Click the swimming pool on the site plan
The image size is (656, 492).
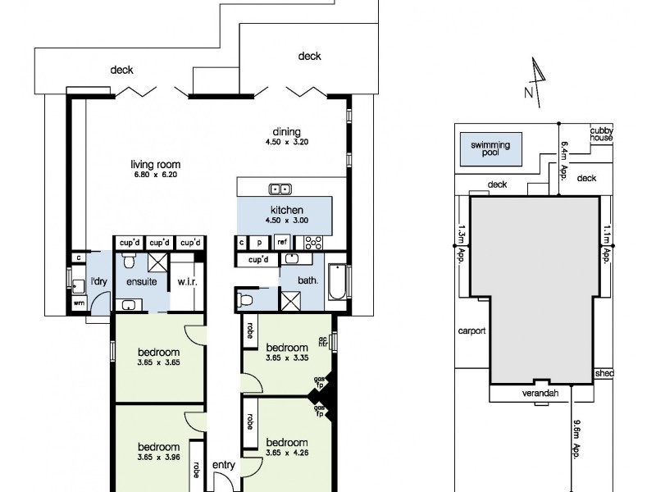pyautogui.click(x=490, y=149)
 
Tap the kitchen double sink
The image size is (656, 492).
pyautogui.click(x=280, y=189)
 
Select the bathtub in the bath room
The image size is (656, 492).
pyautogui.click(x=337, y=281)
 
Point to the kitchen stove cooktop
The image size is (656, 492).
pyautogui.click(x=313, y=243)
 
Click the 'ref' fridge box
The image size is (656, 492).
pyautogui.click(x=282, y=242)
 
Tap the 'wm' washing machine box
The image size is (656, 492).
pyautogui.click(x=79, y=303)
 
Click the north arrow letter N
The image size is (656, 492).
pyautogui.click(x=528, y=93)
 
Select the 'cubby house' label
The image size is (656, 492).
pyautogui.click(x=601, y=134)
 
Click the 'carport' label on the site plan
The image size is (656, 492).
pyautogui.click(x=472, y=330)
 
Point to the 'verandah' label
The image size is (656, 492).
pyautogui.click(x=540, y=394)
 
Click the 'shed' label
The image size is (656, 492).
pyautogui.click(x=604, y=373)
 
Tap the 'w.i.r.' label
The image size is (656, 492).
pyautogui.click(x=188, y=281)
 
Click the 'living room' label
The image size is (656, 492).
pyautogui.click(x=156, y=165)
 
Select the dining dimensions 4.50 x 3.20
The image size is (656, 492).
pyautogui.click(x=286, y=142)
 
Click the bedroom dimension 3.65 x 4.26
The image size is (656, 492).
pyautogui.click(x=287, y=453)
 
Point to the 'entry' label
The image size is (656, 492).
pyautogui.click(x=224, y=465)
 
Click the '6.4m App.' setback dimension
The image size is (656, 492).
pyautogui.click(x=564, y=161)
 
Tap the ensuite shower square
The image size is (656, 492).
pyautogui.click(x=157, y=262)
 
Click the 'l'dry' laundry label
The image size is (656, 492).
pyautogui.click(x=99, y=281)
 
